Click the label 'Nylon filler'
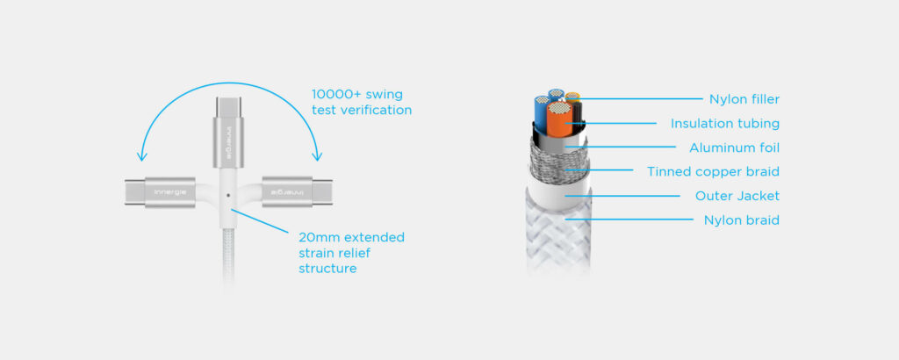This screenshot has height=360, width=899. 744,99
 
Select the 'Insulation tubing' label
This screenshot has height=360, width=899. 724,124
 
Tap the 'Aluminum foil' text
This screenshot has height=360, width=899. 734,148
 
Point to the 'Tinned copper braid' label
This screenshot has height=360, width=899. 713,171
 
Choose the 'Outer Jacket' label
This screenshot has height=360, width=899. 737,196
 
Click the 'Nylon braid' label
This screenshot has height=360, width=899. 741,220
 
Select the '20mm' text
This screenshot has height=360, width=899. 315,237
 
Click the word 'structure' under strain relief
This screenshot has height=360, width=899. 327,269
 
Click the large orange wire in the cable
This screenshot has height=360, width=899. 558,120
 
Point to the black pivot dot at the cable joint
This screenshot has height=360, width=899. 228,195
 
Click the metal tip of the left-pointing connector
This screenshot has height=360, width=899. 132,191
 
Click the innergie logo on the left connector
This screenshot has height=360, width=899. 170,191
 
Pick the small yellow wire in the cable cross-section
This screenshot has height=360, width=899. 572,96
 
